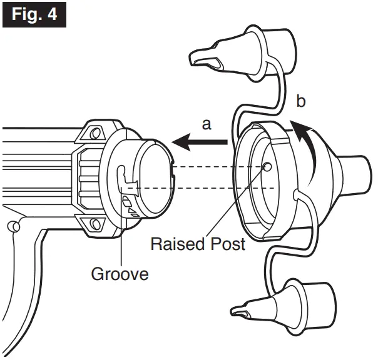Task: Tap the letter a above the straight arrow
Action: (206, 124)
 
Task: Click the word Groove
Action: (120, 274)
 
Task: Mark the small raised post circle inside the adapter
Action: (267, 167)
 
